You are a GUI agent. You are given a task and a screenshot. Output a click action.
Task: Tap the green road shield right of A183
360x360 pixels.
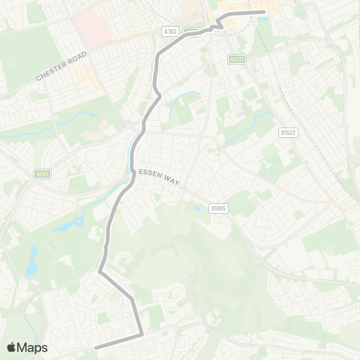click(x=191, y=31)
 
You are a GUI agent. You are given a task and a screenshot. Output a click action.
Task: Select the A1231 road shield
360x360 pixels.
click(x=238, y=58)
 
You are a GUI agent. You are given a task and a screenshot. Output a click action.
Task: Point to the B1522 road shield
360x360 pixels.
click(x=287, y=132)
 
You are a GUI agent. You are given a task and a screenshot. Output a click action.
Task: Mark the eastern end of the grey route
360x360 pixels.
click(x=264, y=12)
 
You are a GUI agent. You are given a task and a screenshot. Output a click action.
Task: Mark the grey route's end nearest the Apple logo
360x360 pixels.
click(x=96, y=347)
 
